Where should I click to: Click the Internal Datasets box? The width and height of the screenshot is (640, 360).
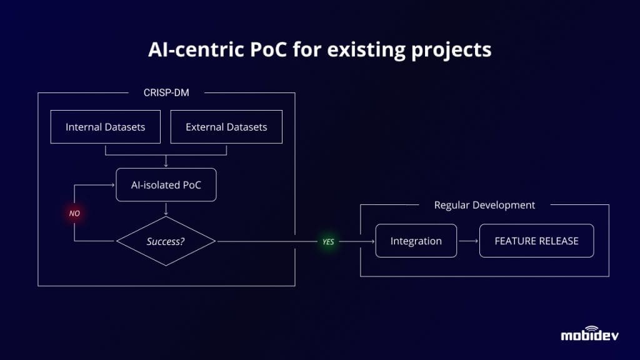click(105, 127)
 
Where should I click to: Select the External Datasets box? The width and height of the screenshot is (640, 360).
click(226, 127)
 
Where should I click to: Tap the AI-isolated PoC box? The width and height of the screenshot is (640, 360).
click(166, 184)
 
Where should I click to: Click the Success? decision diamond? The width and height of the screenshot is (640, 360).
click(166, 241)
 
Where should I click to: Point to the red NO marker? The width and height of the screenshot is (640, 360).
click(74, 213)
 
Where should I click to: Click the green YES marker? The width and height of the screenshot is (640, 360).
click(328, 241)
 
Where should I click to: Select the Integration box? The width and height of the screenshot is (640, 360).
click(416, 241)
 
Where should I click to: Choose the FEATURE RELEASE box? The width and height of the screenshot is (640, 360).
click(536, 241)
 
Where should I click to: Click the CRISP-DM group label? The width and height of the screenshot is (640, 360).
click(166, 93)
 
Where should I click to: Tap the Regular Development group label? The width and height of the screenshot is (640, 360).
click(484, 205)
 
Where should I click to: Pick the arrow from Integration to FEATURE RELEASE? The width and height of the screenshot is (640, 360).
click(467, 241)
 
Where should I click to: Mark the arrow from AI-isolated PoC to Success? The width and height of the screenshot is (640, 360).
click(166, 209)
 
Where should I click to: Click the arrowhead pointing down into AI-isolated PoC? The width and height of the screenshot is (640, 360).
click(166, 166)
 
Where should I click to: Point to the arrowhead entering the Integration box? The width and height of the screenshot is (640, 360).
click(372, 241)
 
